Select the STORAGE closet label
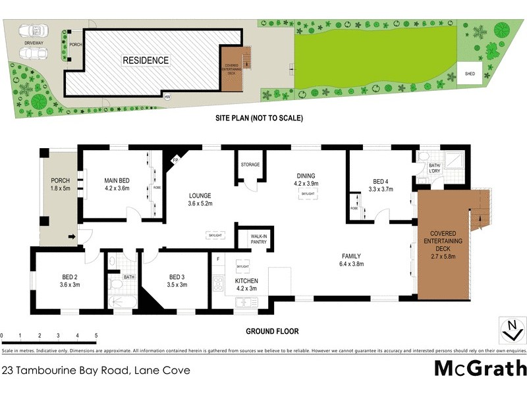tap(250, 165)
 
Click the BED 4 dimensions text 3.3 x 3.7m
tap(380, 189)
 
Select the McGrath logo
tap(480, 367)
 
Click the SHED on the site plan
tap(470, 74)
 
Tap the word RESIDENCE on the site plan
tap(146, 61)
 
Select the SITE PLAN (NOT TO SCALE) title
tap(258, 118)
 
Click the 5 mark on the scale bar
tap(96, 336)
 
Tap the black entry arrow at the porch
tap(71, 236)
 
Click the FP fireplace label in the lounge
tap(175, 160)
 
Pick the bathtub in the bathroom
tap(123, 302)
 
